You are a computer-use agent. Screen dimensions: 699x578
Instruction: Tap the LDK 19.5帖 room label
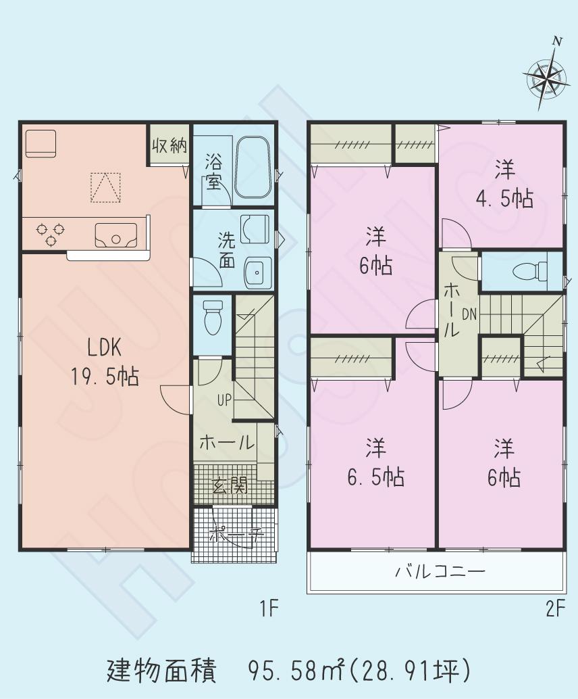tap(105, 362)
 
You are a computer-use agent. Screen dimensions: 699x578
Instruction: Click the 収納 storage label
tap(169, 146)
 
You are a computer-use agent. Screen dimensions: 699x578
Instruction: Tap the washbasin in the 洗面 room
tap(257, 272)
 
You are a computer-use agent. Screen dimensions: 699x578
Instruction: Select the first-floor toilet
tap(213, 316)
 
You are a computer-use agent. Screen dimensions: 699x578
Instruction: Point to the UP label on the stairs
tap(224, 399)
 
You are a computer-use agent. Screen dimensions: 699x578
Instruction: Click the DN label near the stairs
tap(469, 314)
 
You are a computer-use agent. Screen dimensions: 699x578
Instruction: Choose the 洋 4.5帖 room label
tap(503, 184)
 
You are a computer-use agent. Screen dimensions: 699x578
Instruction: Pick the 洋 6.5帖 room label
tap(375, 463)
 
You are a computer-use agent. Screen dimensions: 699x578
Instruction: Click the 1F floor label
tap(269, 609)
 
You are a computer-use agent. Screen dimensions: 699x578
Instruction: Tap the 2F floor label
tap(555, 609)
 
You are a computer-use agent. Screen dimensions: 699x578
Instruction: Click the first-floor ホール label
tap(226, 443)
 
